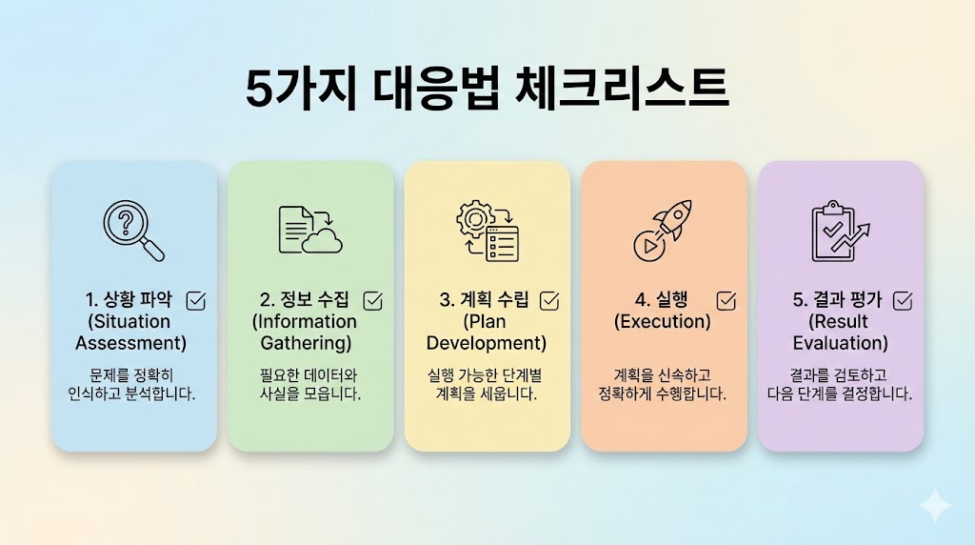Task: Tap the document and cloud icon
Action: click(x=310, y=230)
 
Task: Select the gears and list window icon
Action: click(x=487, y=230)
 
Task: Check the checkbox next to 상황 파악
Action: click(x=196, y=300)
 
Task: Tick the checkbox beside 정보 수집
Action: click(x=373, y=300)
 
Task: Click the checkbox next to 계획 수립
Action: click(x=549, y=300)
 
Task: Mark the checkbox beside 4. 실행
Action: click(x=726, y=300)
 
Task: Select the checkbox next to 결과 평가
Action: click(x=903, y=300)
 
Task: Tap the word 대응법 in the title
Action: click(x=432, y=89)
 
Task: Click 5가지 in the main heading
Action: click(x=301, y=89)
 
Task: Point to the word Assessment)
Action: click(x=131, y=343)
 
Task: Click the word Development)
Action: click(x=487, y=343)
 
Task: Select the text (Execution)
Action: click(x=663, y=322)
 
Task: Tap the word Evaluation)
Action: click(x=841, y=343)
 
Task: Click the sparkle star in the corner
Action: click(x=935, y=505)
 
